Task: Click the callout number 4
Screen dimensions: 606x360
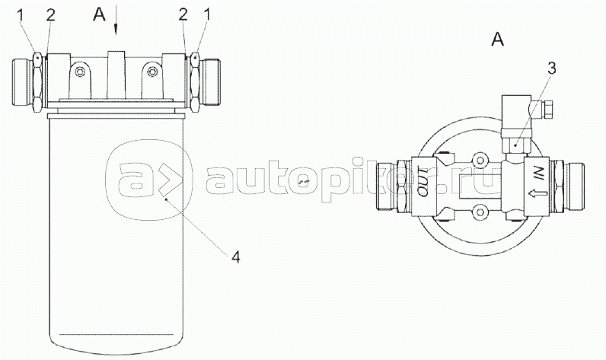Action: (x=235, y=256)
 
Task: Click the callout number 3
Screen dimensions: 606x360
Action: (x=551, y=68)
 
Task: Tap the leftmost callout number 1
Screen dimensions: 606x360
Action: (x=21, y=15)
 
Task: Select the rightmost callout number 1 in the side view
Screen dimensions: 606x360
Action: (x=207, y=15)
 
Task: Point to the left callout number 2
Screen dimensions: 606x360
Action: (x=51, y=15)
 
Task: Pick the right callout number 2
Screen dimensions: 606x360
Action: (x=183, y=15)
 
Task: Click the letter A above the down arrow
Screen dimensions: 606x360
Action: (x=99, y=14)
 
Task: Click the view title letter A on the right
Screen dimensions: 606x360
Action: (x=498, y=40)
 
